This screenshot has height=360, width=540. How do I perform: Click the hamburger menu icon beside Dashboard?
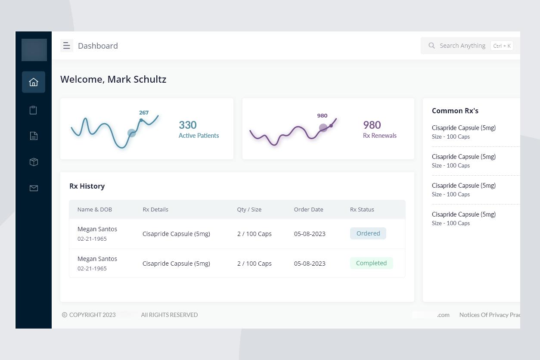coord(66,46)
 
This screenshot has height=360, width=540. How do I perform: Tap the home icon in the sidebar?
coord(34,82)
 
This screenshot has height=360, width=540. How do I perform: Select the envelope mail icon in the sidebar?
coord(34,188)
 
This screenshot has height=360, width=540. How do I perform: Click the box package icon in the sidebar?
coord(34,162)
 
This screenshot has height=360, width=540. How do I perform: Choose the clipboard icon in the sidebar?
coord(34,110)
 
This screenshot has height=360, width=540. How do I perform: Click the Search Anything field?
coord(462,46)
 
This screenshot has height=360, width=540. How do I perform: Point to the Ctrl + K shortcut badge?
coord(502,46)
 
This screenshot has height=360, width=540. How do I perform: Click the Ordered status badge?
coord(368,233)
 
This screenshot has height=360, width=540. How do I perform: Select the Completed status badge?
coord(371,263)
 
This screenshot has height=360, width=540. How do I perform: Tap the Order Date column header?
coord(308,210)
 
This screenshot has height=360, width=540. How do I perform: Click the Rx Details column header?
coord(155,210)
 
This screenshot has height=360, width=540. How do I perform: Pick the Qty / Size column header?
coord(249,210)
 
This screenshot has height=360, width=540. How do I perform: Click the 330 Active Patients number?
coord(188,125)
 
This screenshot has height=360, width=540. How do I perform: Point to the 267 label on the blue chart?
coord(144,113)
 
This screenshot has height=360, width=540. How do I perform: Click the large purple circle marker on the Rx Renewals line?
coord(323,127)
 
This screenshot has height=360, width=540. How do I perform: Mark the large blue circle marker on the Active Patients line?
coord(132,133)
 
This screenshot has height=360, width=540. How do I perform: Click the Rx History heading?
coord(87,186)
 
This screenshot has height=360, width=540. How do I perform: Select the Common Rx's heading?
coord(455,111)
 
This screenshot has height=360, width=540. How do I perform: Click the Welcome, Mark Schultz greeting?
coord(113,79)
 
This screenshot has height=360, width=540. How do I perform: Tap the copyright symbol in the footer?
coord(65,315)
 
